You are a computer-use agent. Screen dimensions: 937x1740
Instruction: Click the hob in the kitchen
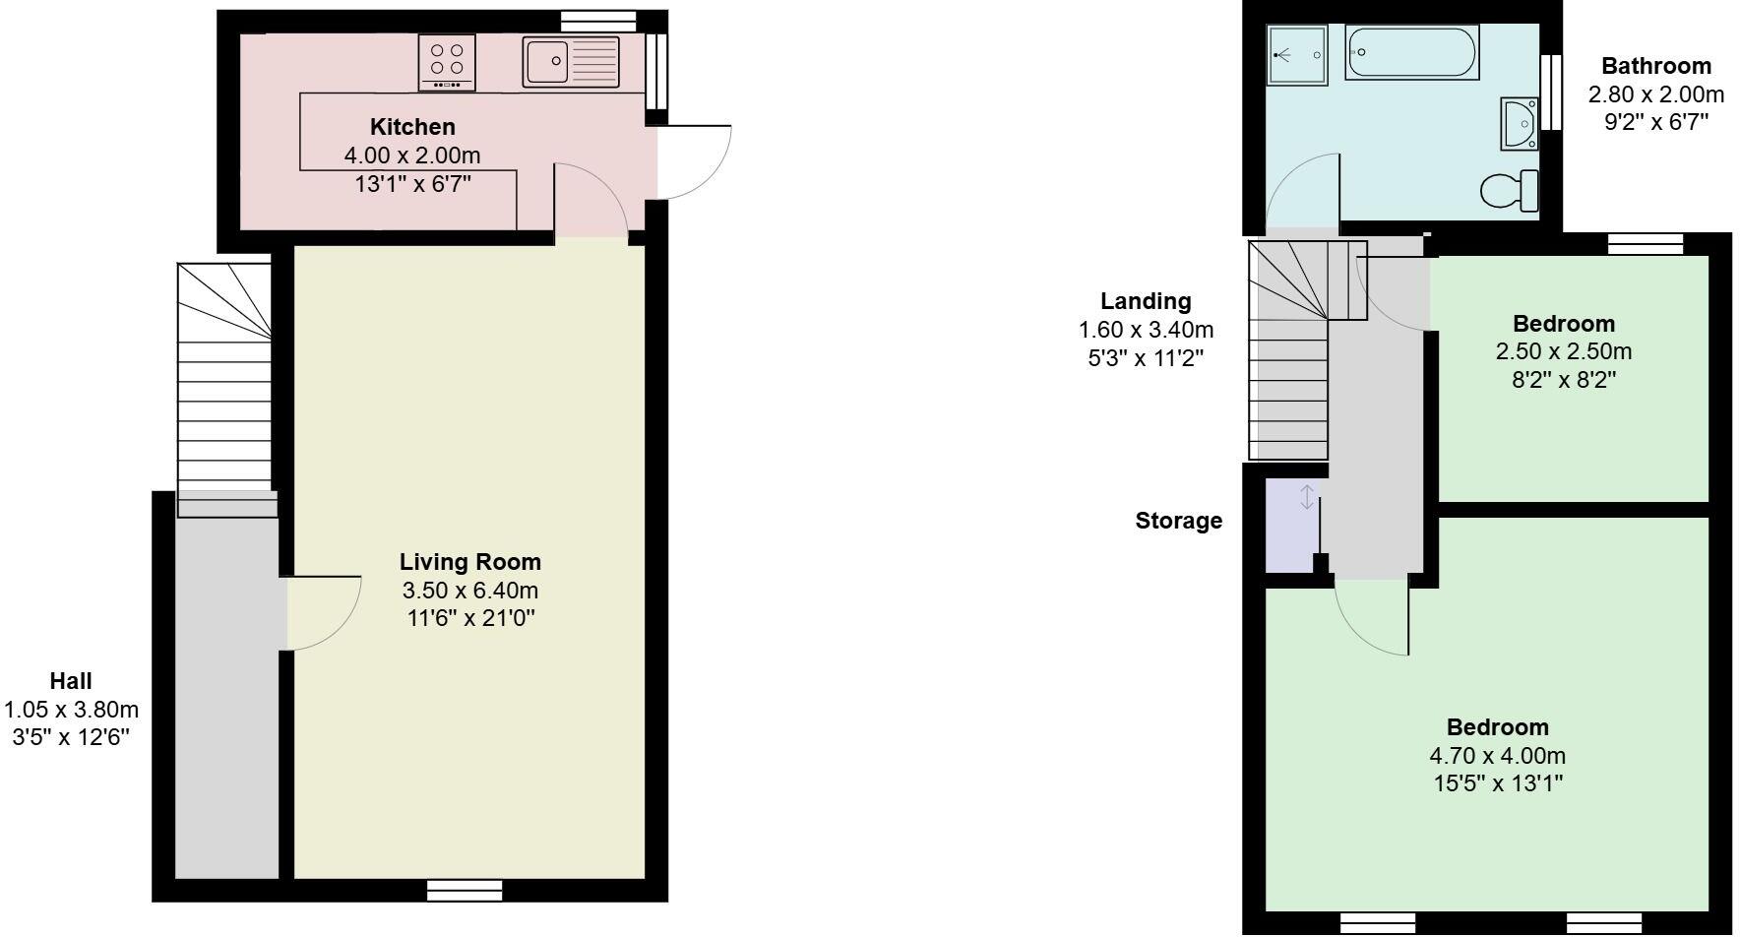[x=447, y=61]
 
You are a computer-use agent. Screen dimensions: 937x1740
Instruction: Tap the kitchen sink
[x=570, y=62]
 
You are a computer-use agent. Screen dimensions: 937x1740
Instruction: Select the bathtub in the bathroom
[x=1410, y=51]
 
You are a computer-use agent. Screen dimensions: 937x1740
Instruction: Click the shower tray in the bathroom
[x=1297, y=55]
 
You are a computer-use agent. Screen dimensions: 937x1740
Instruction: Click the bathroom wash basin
[x=1521, y=124]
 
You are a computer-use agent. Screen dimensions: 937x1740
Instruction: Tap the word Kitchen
[x=412, y=127]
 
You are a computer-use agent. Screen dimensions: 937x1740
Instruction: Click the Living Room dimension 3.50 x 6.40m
[x=469, y=591]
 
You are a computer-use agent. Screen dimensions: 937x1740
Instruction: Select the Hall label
[x=71, y=681]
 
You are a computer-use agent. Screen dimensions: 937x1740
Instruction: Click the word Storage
[x=1178, y=521]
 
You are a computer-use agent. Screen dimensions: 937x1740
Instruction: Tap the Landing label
[x=1145, y=301]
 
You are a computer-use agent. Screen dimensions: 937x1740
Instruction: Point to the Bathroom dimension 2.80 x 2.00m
[x=1655, y=94]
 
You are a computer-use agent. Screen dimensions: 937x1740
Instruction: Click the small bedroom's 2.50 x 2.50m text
[x=1563, y=351]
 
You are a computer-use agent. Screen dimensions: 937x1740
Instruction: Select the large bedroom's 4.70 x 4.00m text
[x=1497, y=756]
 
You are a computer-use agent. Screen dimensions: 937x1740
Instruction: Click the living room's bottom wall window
[x=465, y=891]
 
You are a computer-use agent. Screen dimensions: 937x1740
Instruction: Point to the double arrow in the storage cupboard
[x=1307, y=497]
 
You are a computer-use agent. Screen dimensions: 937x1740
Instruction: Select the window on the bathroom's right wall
[x=1551, y=92]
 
